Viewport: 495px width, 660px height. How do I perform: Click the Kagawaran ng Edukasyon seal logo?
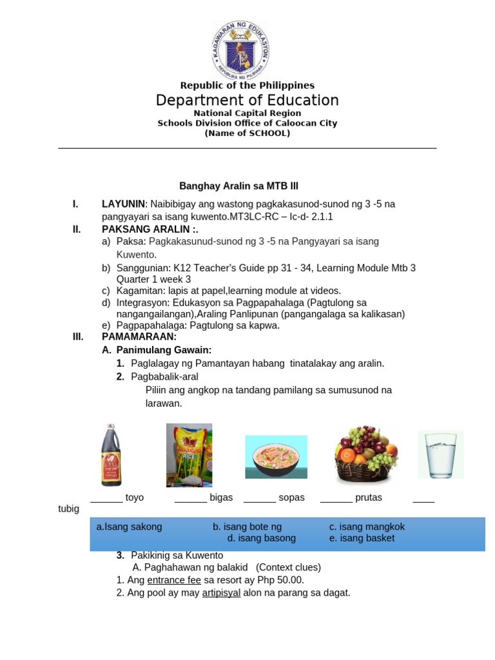[x=241, y=50]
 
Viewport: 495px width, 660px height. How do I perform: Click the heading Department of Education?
[x=247, y=101]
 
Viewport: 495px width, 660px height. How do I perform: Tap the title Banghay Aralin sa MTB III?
[x=238, y=186]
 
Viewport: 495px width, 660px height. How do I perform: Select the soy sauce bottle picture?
[x=111, y=455]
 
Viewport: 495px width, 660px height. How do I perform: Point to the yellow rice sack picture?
[x=189, y=455]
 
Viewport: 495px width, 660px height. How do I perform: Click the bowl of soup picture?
[x=276, y=456]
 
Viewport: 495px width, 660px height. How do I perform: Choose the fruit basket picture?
[x=365, y=454]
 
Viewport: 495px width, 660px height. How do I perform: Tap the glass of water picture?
[x=440, y=455]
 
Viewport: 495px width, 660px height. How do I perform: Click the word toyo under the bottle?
[x=135, y=498]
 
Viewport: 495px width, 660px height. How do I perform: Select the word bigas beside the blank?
[x=221, y=498]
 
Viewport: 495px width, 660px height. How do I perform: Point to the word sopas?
[x=291, y=498]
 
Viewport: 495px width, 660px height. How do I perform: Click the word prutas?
[x=369, y=498]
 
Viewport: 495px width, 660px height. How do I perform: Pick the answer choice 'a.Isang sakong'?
[x=130, y=527]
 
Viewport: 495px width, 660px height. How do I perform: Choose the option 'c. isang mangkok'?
[x=367, y=527]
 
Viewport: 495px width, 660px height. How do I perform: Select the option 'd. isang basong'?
[x=262, y=538]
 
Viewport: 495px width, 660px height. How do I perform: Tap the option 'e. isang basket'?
[x=362, y=538]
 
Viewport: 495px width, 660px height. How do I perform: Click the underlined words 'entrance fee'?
[x=174, y=580]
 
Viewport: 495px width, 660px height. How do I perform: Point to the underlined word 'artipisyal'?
[x=221, y=593]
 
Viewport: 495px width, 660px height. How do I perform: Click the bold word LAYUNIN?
[x=123, y=204]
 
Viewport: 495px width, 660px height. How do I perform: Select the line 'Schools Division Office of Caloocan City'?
[x=247, y=123]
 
